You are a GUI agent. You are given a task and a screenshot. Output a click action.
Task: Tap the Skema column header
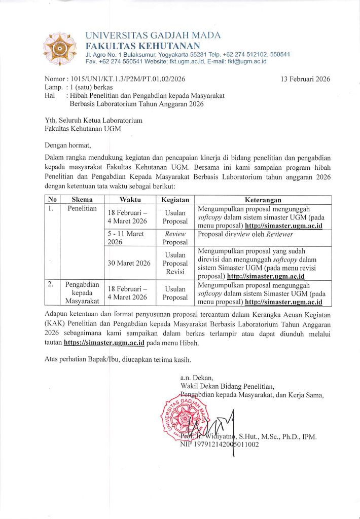82,200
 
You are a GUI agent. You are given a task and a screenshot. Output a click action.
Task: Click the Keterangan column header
263,200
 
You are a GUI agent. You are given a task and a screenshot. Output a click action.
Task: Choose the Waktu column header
130,200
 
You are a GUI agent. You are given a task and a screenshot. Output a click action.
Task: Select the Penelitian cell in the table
82,209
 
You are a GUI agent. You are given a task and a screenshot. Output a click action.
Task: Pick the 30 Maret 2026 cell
129,263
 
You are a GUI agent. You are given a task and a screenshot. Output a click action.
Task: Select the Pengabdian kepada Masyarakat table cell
82,293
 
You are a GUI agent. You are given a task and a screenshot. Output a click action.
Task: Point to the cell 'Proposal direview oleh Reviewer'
245,234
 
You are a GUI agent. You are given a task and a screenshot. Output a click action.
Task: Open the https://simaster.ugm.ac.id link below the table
104,343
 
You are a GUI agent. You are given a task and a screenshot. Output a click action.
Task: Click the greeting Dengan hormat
68,146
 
